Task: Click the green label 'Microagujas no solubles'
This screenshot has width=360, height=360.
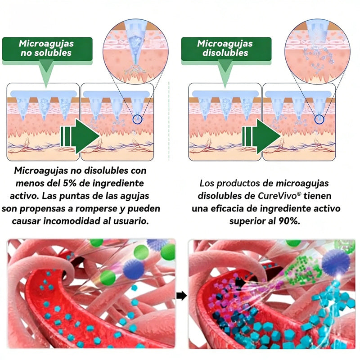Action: [47, 49]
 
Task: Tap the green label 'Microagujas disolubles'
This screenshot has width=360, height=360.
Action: [226, 49]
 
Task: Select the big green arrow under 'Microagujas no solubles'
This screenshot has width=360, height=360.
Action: [80, 136]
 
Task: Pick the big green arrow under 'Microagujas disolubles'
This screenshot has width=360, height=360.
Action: [261, 136]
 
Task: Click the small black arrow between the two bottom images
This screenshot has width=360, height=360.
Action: [182, 296]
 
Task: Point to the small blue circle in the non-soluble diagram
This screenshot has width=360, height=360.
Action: [137, 119]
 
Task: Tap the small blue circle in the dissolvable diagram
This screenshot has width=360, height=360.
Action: [319, 119]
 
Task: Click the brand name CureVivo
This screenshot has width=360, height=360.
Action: [277, 196]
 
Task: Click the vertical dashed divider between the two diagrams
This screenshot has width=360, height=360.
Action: [169, 121]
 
